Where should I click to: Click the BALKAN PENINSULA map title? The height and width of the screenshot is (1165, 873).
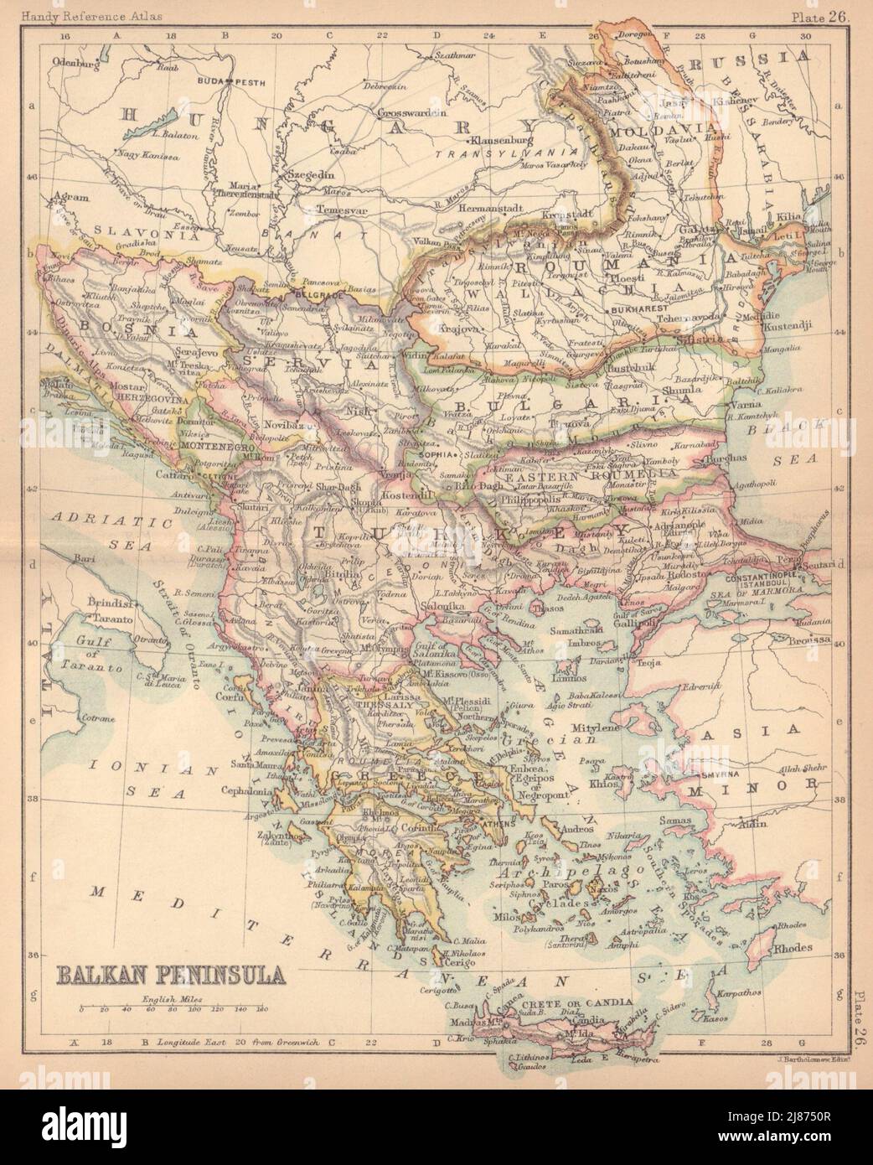(x=168, y=976)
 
